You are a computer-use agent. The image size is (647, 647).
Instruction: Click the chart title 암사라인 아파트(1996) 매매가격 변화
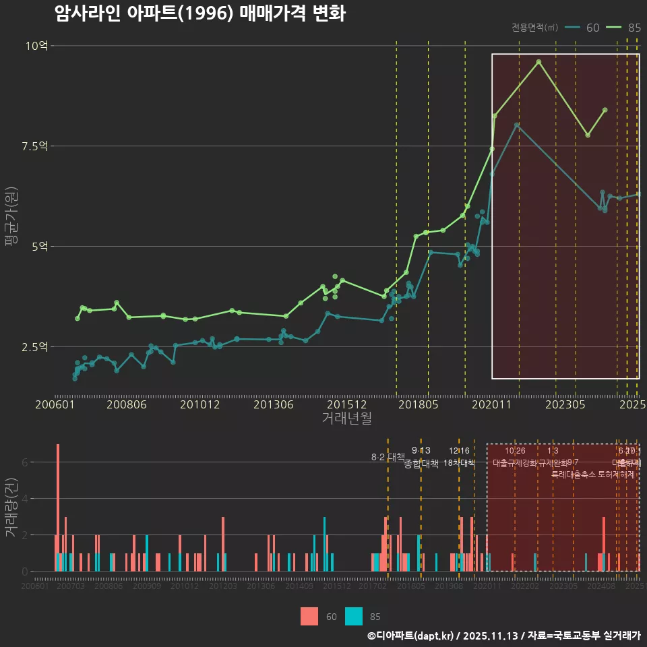click(200, 13)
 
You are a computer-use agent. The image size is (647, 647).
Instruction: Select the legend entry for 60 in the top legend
click(582, 28)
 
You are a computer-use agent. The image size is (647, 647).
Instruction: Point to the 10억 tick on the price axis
click(37, 46)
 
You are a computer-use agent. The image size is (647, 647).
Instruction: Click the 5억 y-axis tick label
click(39, 247)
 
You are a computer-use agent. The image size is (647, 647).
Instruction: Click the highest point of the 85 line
click(538, 62)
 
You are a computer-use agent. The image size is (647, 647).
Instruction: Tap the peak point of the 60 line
click(516, 125)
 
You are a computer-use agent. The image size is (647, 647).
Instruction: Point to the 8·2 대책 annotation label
click(388, 457)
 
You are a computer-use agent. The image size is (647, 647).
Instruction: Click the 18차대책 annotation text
click(459, 463)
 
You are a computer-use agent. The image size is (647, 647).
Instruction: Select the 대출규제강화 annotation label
click(515, 463)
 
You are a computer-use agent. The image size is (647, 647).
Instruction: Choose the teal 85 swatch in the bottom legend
click(354, 616)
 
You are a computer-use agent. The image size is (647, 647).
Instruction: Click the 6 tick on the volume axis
click(25, 462)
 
